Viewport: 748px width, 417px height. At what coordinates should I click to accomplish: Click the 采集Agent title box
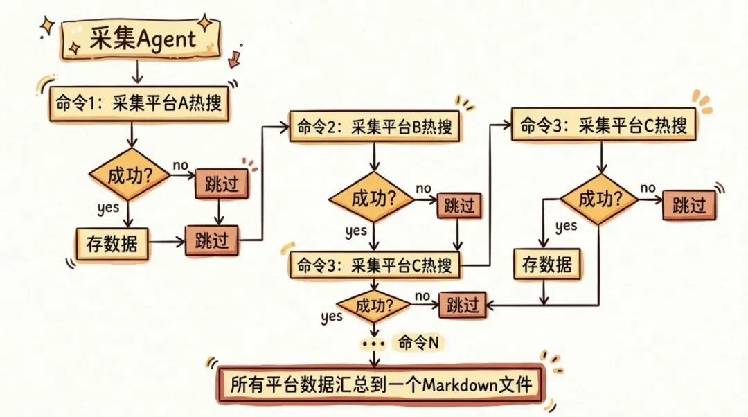[x=142, y=39]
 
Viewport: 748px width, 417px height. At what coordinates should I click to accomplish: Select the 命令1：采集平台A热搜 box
[x=139, y=106]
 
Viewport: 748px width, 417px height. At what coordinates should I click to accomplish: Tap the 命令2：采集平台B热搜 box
[x=375, y=127]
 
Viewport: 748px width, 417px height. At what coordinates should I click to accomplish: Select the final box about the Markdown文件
[x=377, y=383]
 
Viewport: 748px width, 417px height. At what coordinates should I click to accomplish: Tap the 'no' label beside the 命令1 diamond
[x=181, y=167]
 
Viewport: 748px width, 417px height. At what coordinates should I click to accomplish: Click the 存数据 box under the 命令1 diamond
[x=112, y=243]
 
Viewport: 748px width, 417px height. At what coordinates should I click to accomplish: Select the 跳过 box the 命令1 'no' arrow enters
[x=222, y=184]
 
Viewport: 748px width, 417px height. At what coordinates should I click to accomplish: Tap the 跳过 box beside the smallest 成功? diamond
[x=463, y=304]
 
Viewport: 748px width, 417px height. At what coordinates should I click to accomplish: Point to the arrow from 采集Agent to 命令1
[x=138, y=71]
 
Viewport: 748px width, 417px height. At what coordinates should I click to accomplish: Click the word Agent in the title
[x=168, y=39]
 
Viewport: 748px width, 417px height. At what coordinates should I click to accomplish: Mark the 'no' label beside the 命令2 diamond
[x=424, y=188]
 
